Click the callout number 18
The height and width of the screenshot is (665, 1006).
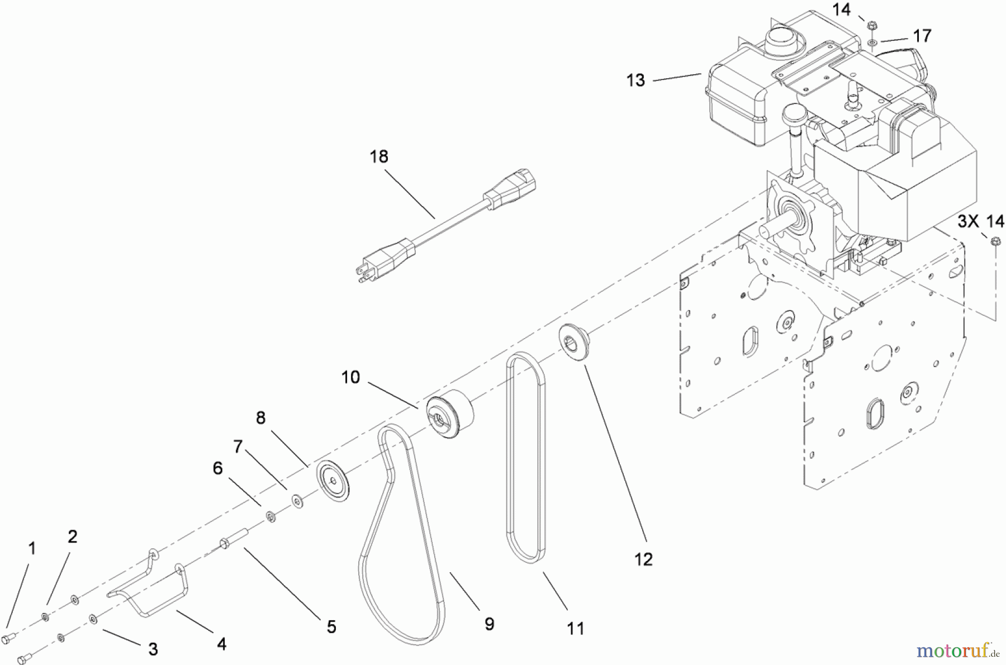[379, 156]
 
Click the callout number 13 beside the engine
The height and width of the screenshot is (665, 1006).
[635, 80]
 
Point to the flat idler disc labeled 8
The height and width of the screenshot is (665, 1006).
[333, 481]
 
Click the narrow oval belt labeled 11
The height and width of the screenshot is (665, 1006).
[525, 458]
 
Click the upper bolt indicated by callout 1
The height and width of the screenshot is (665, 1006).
[10, 636]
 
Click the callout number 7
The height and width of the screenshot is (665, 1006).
[238, 447]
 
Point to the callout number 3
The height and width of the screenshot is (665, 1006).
[153, 649]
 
